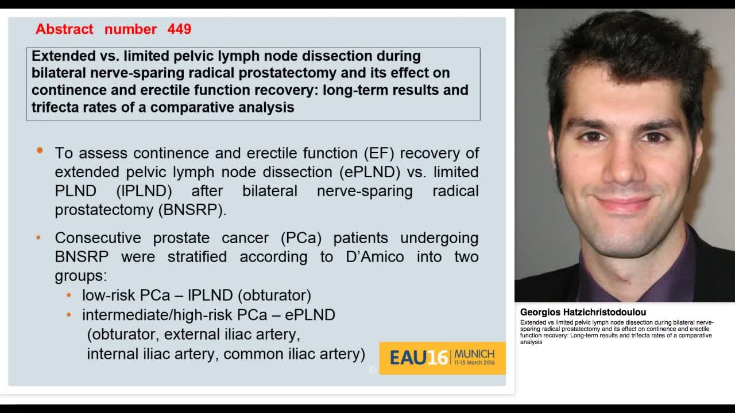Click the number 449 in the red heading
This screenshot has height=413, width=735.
(x=179, y=29)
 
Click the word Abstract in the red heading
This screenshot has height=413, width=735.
(x=64, y=29)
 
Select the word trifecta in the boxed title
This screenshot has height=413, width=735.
(x=55, y=107)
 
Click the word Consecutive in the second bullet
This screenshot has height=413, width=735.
(x=98, y=237)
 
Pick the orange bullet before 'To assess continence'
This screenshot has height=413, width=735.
(x=40, y=151)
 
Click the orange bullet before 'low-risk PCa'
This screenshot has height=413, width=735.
(x=69, y=295)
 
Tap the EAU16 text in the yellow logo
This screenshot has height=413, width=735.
(x=419, y=358)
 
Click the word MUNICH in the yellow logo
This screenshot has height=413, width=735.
(x=474, y=354)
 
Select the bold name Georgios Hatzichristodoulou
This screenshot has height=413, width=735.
(x=583, y=313)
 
